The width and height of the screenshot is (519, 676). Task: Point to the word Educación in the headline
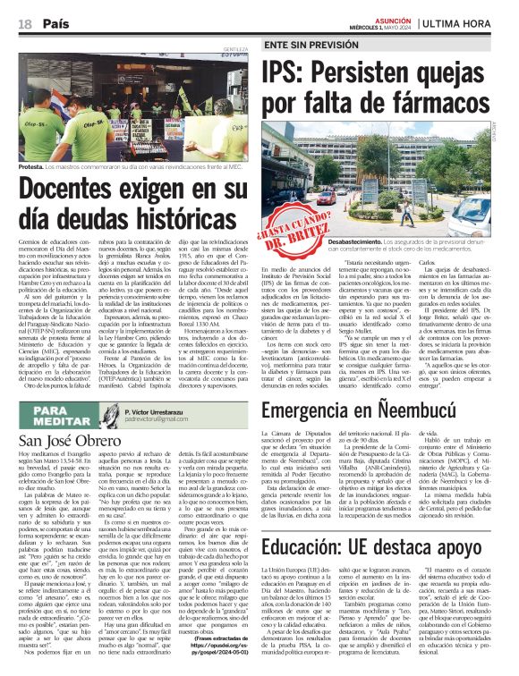[x=308, y=520]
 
